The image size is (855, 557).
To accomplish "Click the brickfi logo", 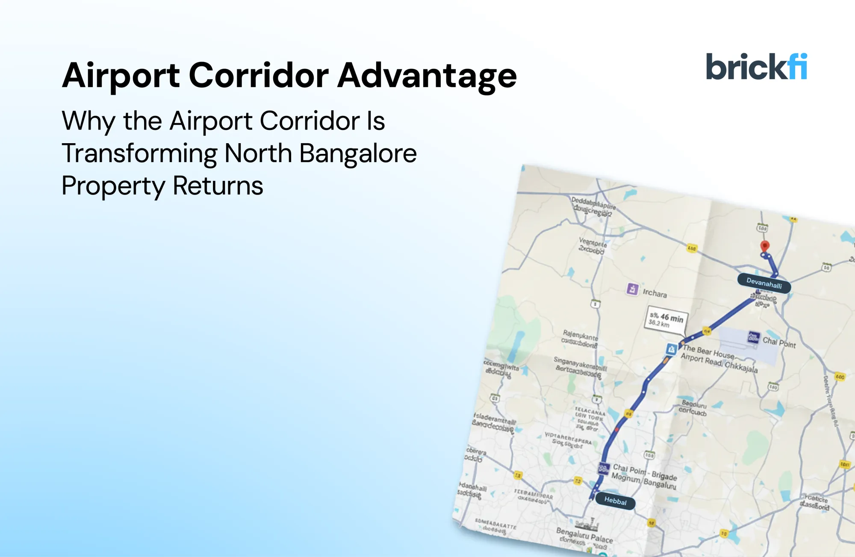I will click(756, 67).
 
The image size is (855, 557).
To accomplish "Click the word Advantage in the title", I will click(427, 76).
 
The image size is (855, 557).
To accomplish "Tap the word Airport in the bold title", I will click(121, 76).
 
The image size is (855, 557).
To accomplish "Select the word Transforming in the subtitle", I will click(139, 153).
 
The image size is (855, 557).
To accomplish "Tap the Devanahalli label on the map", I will click(764, 283).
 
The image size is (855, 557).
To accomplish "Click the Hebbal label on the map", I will click(615, 501).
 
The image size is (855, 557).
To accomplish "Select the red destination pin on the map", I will click(765, 245).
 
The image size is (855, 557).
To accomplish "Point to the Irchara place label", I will click(655, 293).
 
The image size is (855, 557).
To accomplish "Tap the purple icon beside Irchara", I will click(632, 289).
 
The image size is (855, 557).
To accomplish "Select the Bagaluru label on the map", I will click(694, 404).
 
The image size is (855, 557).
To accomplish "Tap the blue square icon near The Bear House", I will click(671, 350).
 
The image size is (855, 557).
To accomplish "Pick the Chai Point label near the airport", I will click(779, 342).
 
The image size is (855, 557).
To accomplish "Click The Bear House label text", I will click(708, 351).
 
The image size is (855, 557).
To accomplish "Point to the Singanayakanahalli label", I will click(580, 365).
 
